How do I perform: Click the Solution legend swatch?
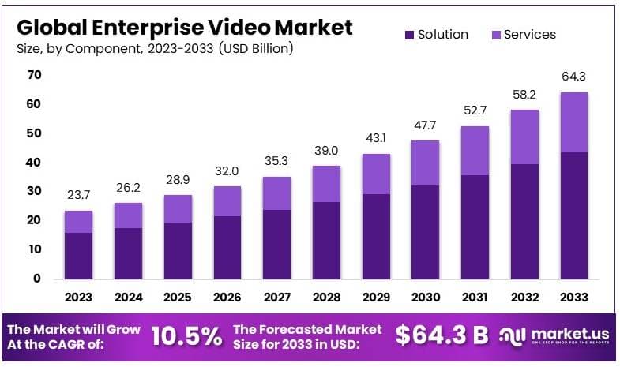[409, 35]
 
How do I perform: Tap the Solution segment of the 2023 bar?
[79, 255]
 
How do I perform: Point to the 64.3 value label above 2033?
[573, 77]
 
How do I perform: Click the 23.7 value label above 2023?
[79, 195]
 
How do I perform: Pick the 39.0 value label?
[326, 150]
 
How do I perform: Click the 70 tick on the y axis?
[35, 75]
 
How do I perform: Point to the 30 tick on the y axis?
[35, 191]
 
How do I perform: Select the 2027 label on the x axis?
[276, 298]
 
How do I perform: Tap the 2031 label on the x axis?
[474, 298]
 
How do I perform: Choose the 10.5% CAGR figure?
[186, 336]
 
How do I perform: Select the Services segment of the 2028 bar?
[326, 184]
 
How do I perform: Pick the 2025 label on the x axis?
[178, 298]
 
